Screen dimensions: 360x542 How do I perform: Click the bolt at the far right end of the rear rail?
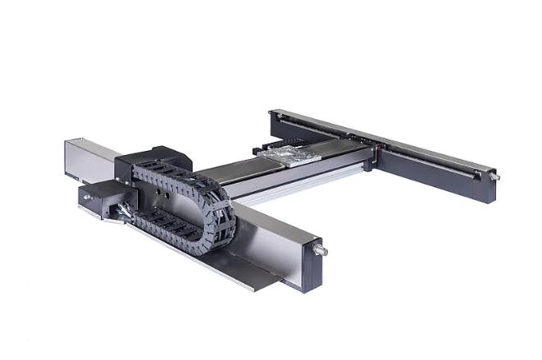pos(494,176)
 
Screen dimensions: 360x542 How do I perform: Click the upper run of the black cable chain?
pos(172,173)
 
